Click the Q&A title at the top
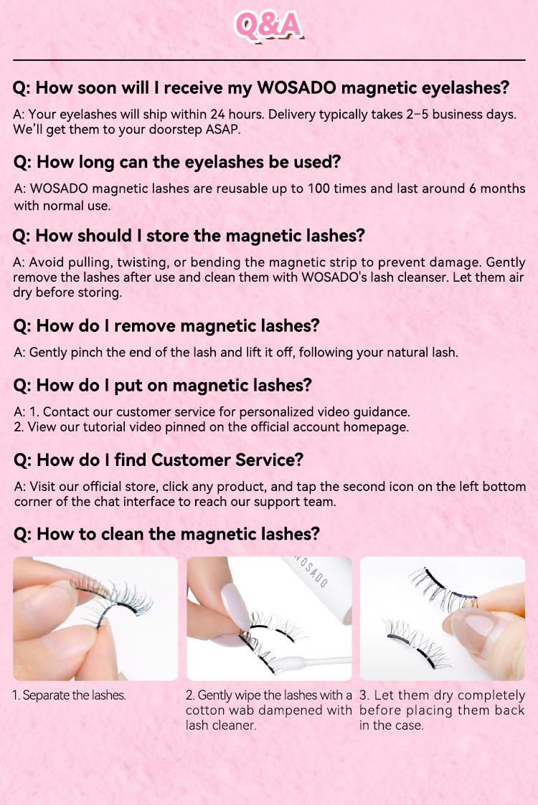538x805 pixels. [268, 25]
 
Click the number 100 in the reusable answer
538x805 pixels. [318, 189]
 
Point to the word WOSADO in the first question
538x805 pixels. [297, 87]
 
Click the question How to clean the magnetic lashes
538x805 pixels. [166, 534]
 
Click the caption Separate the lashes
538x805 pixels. [69, 695]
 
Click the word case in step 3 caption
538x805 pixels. [411, 725]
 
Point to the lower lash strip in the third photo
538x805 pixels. [416, 644]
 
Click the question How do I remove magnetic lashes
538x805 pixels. [166, 325]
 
